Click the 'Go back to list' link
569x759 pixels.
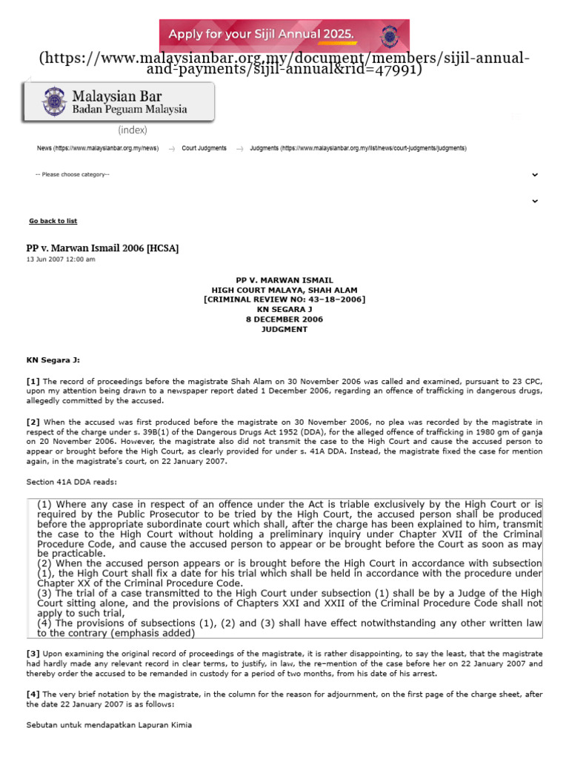[53, 221]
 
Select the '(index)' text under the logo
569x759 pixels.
[133, 130]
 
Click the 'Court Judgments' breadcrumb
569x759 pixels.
[204, 148]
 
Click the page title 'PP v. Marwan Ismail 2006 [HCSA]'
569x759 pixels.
[102, 248]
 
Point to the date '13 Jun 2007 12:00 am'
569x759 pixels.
[61, 259]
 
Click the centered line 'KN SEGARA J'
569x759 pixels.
[284, 310]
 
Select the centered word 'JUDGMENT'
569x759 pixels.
[284, 329]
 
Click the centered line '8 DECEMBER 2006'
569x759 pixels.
[284, 319]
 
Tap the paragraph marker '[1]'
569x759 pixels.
[33, 381]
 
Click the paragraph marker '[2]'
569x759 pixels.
[33, 422]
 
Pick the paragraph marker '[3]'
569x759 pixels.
[33, 653]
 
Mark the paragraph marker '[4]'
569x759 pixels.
[33, 694]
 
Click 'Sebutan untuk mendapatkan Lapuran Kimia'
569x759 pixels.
[109, 725]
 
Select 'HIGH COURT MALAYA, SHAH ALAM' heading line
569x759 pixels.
[284, 290]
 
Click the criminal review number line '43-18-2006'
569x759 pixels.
[284, 299]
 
